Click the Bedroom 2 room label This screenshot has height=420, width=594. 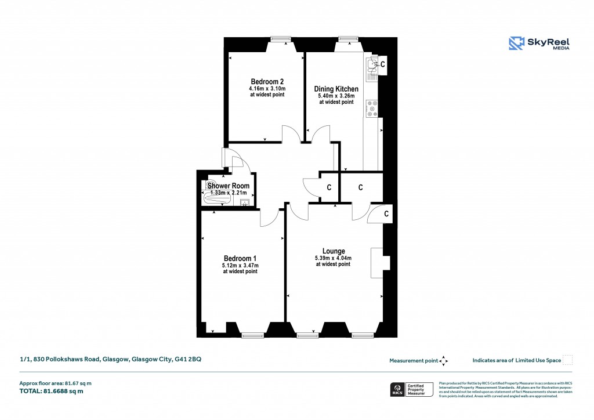267,81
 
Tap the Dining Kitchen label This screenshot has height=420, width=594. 336,89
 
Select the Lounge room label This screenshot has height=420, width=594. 334,251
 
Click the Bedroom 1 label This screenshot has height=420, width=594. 240,258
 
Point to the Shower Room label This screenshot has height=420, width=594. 229,186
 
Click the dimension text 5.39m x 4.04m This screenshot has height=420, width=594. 333,258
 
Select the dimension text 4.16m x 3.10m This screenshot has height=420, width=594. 267,88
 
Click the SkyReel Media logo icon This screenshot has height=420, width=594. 516,44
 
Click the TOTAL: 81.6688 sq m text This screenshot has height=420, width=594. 52,391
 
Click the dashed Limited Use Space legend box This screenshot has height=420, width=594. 567,360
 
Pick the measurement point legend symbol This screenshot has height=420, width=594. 444,360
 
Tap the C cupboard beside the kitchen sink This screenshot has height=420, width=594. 383,64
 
